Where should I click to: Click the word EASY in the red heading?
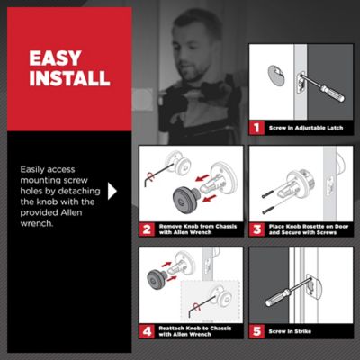click(x=55, y=58)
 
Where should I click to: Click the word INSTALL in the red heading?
click(x=69, y=78)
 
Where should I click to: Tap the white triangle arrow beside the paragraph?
click(x=112, y=191)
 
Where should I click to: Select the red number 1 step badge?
click(x=256, y=128)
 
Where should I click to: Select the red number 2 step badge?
click(x=147, y=229)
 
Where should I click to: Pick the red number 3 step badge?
click(x=256, y=229)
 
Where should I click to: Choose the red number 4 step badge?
click(x=147, y=331)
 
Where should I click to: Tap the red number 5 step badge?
click(x=256, y=331)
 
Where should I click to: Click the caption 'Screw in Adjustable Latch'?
click(x=306, y=128)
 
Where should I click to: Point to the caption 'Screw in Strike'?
click(x=290, y=331)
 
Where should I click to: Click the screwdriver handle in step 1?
click(x=332, y=93)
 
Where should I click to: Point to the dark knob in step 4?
click(x=157, y=279)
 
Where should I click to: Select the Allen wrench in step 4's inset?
click(x=201, y=304)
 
